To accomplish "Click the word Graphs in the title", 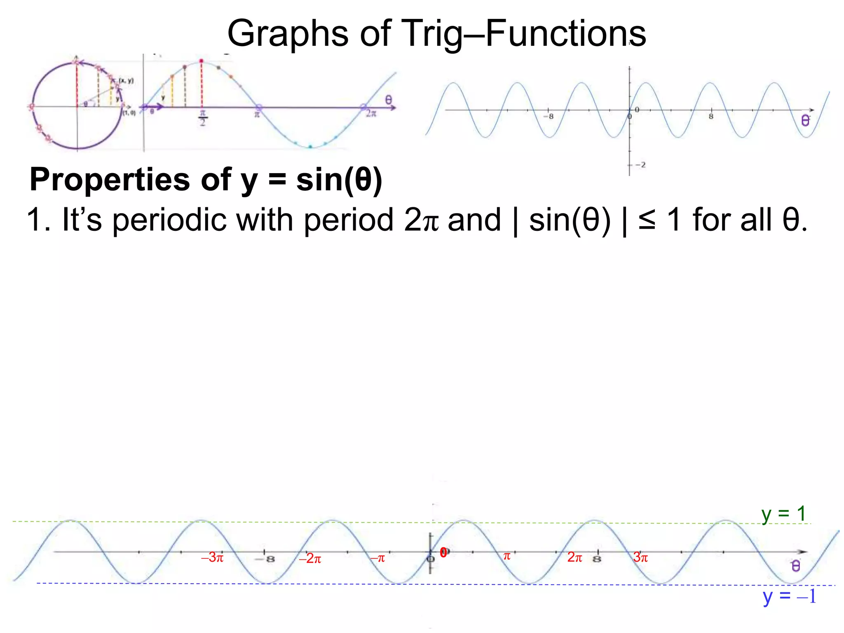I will [x=287, y=34].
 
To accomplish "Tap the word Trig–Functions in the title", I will [x=523, y=34].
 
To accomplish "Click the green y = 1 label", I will [x=783, y=514].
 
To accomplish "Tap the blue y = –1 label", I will [x=789, y=596].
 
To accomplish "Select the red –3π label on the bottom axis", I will [x=212, y=558].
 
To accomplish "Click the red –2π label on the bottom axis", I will [x=310, y=559].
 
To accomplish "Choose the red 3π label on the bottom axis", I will [x=640, y=558].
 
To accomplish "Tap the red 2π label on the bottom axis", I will [x=574, y=557].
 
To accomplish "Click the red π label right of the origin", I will [x=507, y=556].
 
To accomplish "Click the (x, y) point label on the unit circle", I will [x=126, y=81].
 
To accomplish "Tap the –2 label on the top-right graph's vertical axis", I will [x=640, y=165].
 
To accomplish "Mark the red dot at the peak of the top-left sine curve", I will [x=201, y=61].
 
